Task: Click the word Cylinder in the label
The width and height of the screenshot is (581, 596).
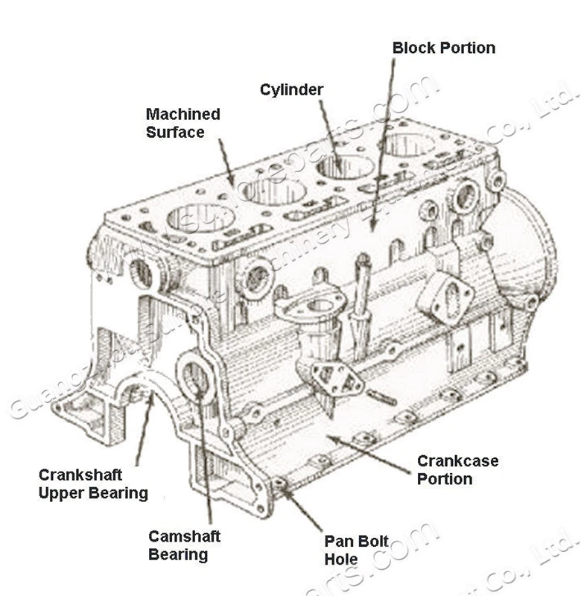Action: tap(291, 90)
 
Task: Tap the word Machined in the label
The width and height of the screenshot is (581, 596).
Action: tap(182, 115)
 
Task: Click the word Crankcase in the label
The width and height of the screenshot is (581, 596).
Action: tap(457, 461)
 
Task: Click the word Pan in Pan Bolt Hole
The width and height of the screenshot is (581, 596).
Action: tap(337, 542)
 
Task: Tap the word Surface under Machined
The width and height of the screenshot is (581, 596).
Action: tap(175, 133)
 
